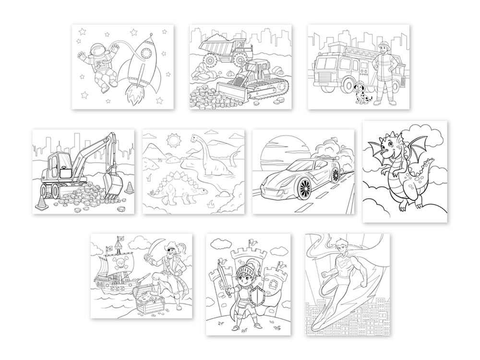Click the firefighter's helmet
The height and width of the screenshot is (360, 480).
384,46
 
